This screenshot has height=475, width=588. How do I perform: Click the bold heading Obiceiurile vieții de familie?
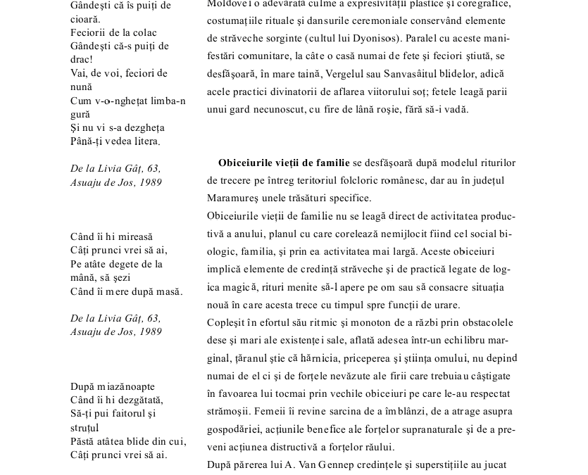pos(284,163)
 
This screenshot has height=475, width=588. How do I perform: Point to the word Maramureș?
pos(230,198)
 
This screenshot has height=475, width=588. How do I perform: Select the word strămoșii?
pos(230,411)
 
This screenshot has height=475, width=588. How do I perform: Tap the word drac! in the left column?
pos(82,60)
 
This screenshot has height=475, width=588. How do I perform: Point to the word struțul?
pos(85,427)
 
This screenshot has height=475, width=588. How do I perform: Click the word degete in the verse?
pos(134,264)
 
